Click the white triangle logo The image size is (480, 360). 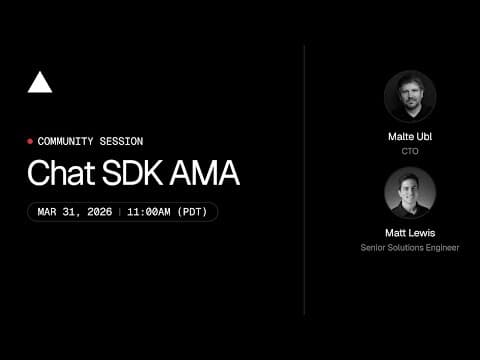(x=40, y=83)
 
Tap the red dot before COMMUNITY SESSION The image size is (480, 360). (x=30, y=142)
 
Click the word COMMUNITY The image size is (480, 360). (x=69, y=142)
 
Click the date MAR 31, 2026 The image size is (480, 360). (x=75, y=212)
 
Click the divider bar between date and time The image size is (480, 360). (x=119, y=212)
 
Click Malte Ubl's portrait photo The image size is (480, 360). (x=409, y=96)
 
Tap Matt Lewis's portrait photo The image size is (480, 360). (x=409, y=192)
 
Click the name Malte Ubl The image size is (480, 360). (x=409, y=137)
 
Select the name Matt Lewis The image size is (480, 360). (x=409, y=233)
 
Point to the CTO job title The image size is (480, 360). (x=409, y=151)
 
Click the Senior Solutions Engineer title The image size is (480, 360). (x=409, y=247)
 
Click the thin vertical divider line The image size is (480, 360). (x=304, y=180)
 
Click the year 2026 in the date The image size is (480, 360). (x=97, y=212)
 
